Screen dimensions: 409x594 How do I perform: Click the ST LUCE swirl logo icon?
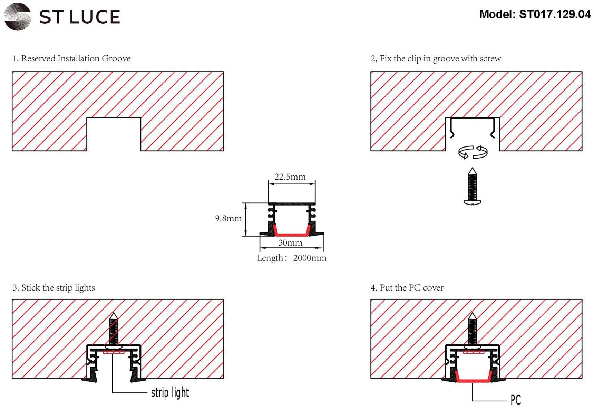pyautogui.click(x=17, y=17)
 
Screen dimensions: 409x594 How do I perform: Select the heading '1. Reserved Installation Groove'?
pyautogui.click(x=71, y=58)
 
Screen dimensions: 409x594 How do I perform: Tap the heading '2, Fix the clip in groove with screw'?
pyautogui.click(x=436, y=58)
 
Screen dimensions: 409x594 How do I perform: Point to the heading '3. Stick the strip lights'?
pyautogui.click(x=53, y=288)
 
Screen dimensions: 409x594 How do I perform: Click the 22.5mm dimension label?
pyautogui.click(x=290, y=177)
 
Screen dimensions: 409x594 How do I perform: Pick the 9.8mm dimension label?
pyautogui.click(x=228, y=218)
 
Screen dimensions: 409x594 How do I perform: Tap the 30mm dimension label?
pyautogui.click(x=290, y=243)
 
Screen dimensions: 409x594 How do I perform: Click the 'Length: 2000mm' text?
pyautogui.click(x=292, y=258)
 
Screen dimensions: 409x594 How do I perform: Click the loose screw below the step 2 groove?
pyautogui.click(x=472, y=187)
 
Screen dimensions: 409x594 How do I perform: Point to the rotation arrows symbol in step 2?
pyautogui.click(x=473, y=152)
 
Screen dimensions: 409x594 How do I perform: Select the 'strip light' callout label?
pyautogui.click(x=170, y=393)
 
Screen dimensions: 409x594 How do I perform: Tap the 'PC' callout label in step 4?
pyautogui.click(x=515, y=400)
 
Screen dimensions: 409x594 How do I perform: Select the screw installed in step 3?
pyautogui.click(x=114, y=330)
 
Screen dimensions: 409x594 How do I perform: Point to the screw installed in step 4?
pyautogui.click(x=472, y=330)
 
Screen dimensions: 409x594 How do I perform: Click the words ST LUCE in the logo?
pyautogui.click(x=79, y=17)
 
